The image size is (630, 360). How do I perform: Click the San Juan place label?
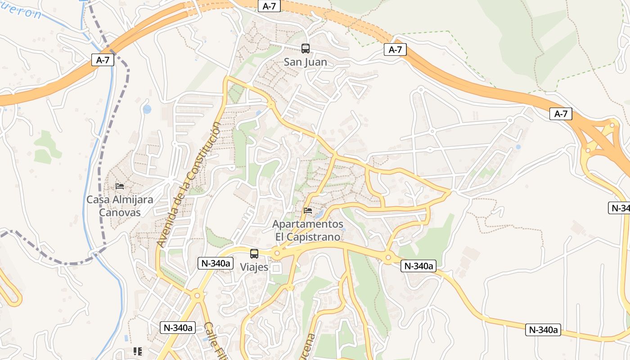(305, 62)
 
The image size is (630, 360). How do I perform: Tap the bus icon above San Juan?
(306, 49)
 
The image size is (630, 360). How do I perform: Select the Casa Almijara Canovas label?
(120, 206)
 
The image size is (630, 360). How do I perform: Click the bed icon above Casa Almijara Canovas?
(120, 186)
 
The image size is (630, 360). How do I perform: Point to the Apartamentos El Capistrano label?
(308, 230)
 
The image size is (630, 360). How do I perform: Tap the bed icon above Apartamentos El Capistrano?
(308, 211)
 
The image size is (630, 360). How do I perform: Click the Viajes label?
(254, 267)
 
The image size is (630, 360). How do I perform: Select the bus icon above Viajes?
(254, 254)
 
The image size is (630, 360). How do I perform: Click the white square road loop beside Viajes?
(276, 268)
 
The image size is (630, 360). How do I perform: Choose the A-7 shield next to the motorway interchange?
(561, 114)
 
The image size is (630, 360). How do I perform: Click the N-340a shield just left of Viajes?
(216, 264)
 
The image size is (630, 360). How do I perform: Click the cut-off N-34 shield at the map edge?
(619, 207)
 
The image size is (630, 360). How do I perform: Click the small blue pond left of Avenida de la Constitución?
(147, 109)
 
